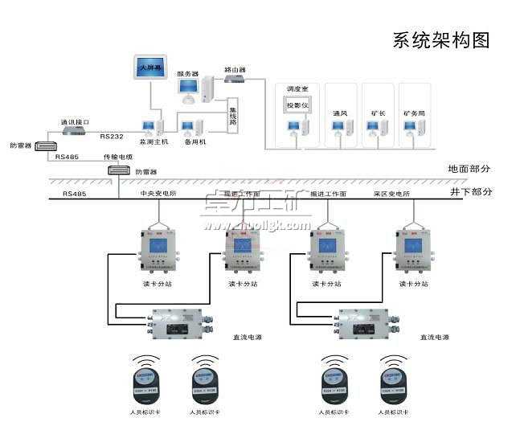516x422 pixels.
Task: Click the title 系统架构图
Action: [x=440, y=41]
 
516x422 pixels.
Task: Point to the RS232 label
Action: [x=112, y=137]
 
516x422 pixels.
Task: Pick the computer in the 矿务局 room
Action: [x=416, y=129]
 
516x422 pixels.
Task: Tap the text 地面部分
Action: [x=469, y=169]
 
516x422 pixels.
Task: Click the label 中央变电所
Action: [x=158, y=194]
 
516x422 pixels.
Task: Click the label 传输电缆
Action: [x=117, y=158]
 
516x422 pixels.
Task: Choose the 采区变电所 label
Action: [x=392, y=194]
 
